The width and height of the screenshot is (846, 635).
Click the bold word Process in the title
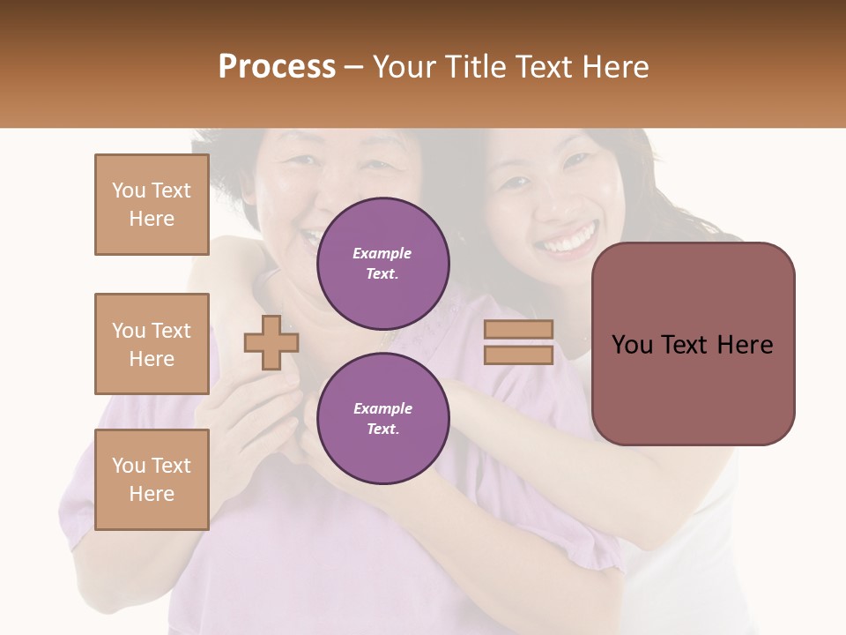[x=277, y=66]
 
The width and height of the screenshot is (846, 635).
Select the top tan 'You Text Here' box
[x=152, y=205]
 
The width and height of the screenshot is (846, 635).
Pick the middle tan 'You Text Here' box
[x=152, y=344]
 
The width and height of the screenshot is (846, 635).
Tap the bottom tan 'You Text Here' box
[x=152, y=479]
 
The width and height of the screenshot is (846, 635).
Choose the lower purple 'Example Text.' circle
[x=382, y=418]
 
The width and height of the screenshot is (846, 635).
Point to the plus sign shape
[x=271, y=342]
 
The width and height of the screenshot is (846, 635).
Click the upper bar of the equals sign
[x=518, y=330]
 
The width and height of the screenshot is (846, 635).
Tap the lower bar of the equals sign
[x=518, y=355]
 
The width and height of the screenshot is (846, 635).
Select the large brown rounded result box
[x=693, y=343]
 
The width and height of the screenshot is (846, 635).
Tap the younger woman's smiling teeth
[x=568, y=240]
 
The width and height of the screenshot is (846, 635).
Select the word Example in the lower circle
[x=382, y=408]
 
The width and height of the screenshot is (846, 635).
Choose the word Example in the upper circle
[x=382, y=253]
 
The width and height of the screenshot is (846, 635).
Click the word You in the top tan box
[x=128, y=190]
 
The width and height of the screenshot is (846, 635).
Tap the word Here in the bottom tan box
[x=152, y=493]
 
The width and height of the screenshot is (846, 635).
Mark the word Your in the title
[x=405, y=66]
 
